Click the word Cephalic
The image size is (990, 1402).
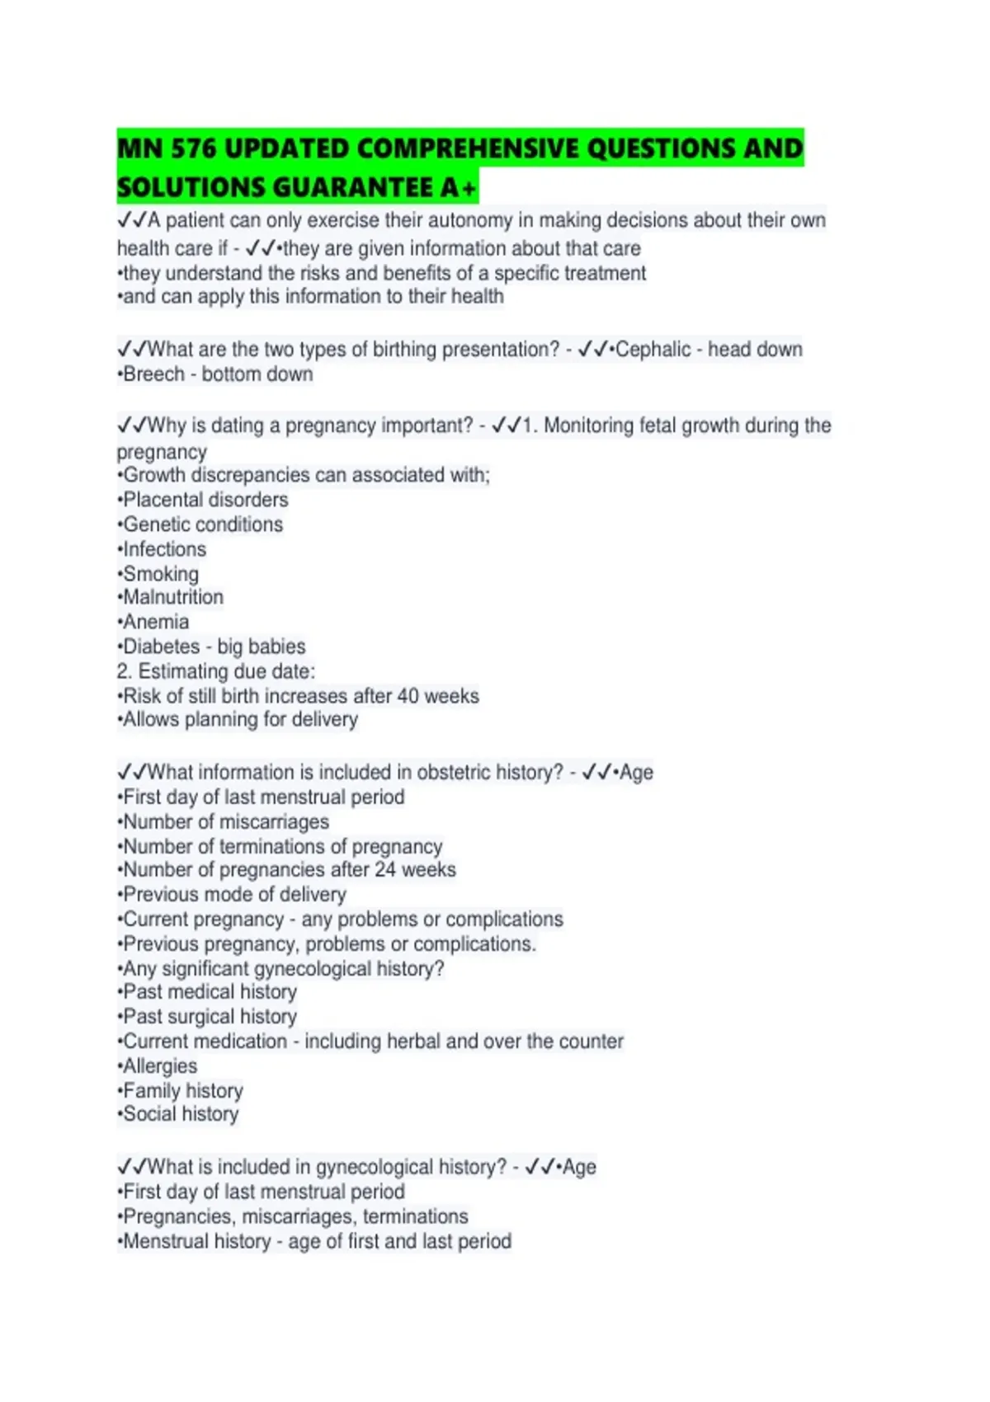[653, 350]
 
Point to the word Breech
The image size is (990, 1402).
[153, 374]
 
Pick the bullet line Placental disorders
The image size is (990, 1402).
[205, 500]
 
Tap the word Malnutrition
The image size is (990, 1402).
[172, 597]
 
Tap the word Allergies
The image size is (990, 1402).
[159, 1066]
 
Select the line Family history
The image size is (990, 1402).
[182, 1091]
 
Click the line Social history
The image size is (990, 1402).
[180, 1114]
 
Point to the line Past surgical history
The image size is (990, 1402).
[209, 1017]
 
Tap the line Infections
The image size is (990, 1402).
[163, 549]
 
